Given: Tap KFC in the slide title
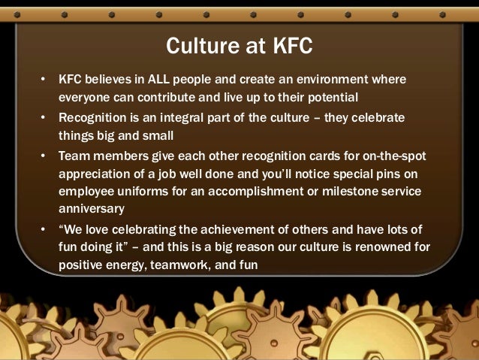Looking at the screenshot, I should click(x=289, y=47).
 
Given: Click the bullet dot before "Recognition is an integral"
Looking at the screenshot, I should click(x=44, y=118).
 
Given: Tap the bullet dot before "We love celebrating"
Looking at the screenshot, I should click(x=44, y=228).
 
